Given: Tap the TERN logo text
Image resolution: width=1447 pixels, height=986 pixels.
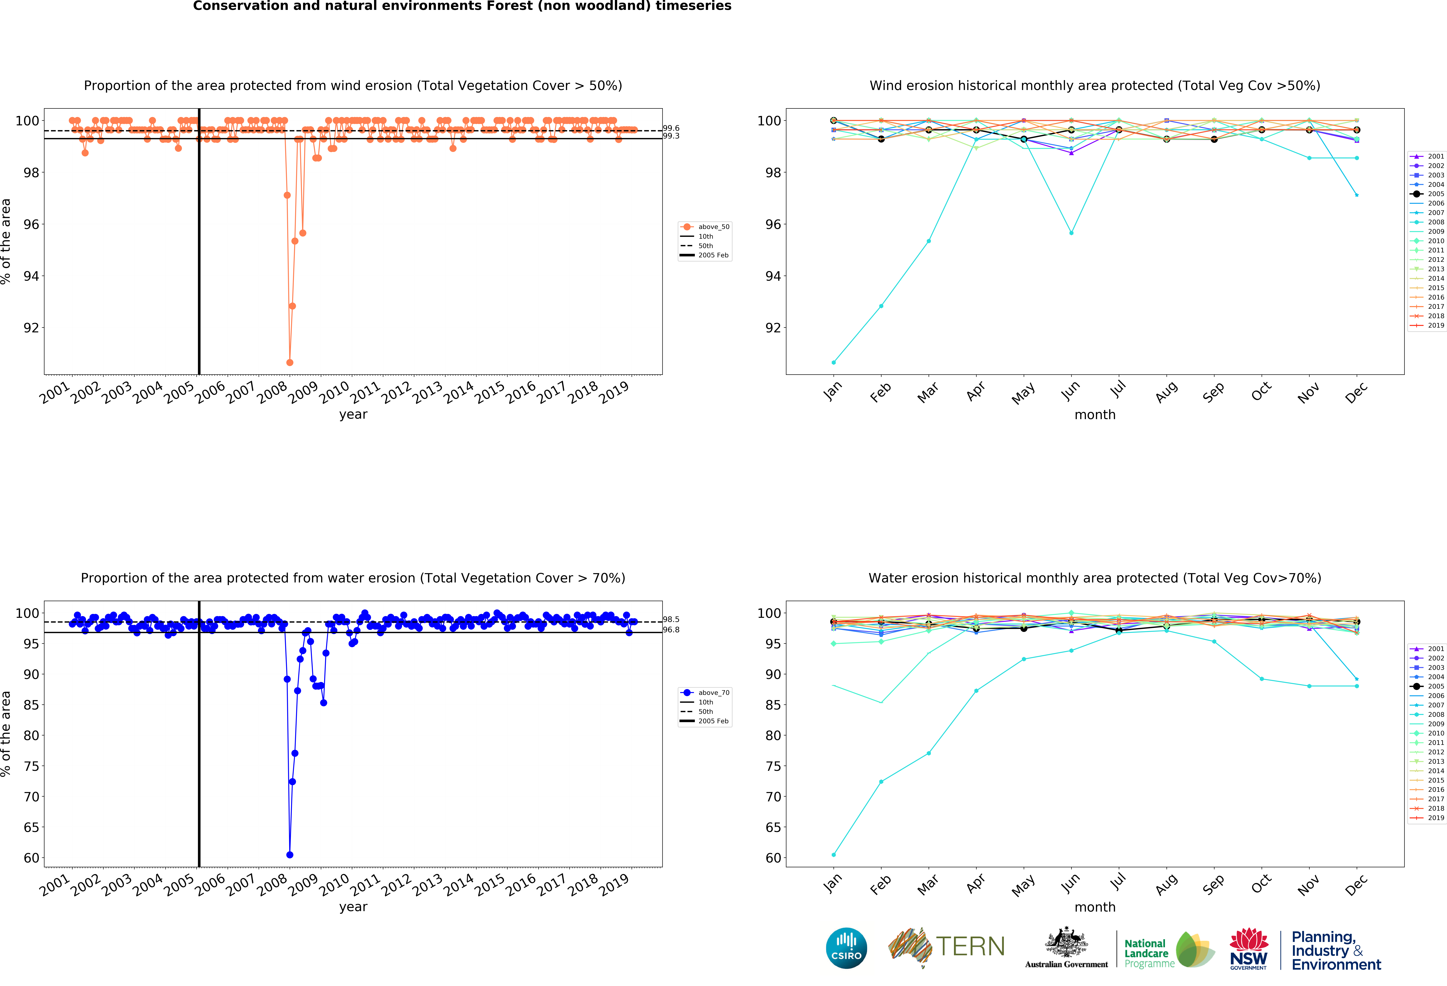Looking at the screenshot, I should (970, 947).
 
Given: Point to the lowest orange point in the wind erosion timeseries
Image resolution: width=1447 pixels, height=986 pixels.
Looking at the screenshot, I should (289, 362).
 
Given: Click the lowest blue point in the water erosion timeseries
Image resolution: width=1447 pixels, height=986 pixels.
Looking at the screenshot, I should (289, 855).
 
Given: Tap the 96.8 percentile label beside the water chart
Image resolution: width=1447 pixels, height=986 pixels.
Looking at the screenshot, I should (671, 630).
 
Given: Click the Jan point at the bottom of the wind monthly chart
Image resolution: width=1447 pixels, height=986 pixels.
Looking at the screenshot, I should (834, 362).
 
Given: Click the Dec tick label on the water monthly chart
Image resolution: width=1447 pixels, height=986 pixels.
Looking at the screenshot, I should (1356, 885).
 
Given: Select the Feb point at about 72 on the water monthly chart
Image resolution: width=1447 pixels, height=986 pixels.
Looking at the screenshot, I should (881, 782).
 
